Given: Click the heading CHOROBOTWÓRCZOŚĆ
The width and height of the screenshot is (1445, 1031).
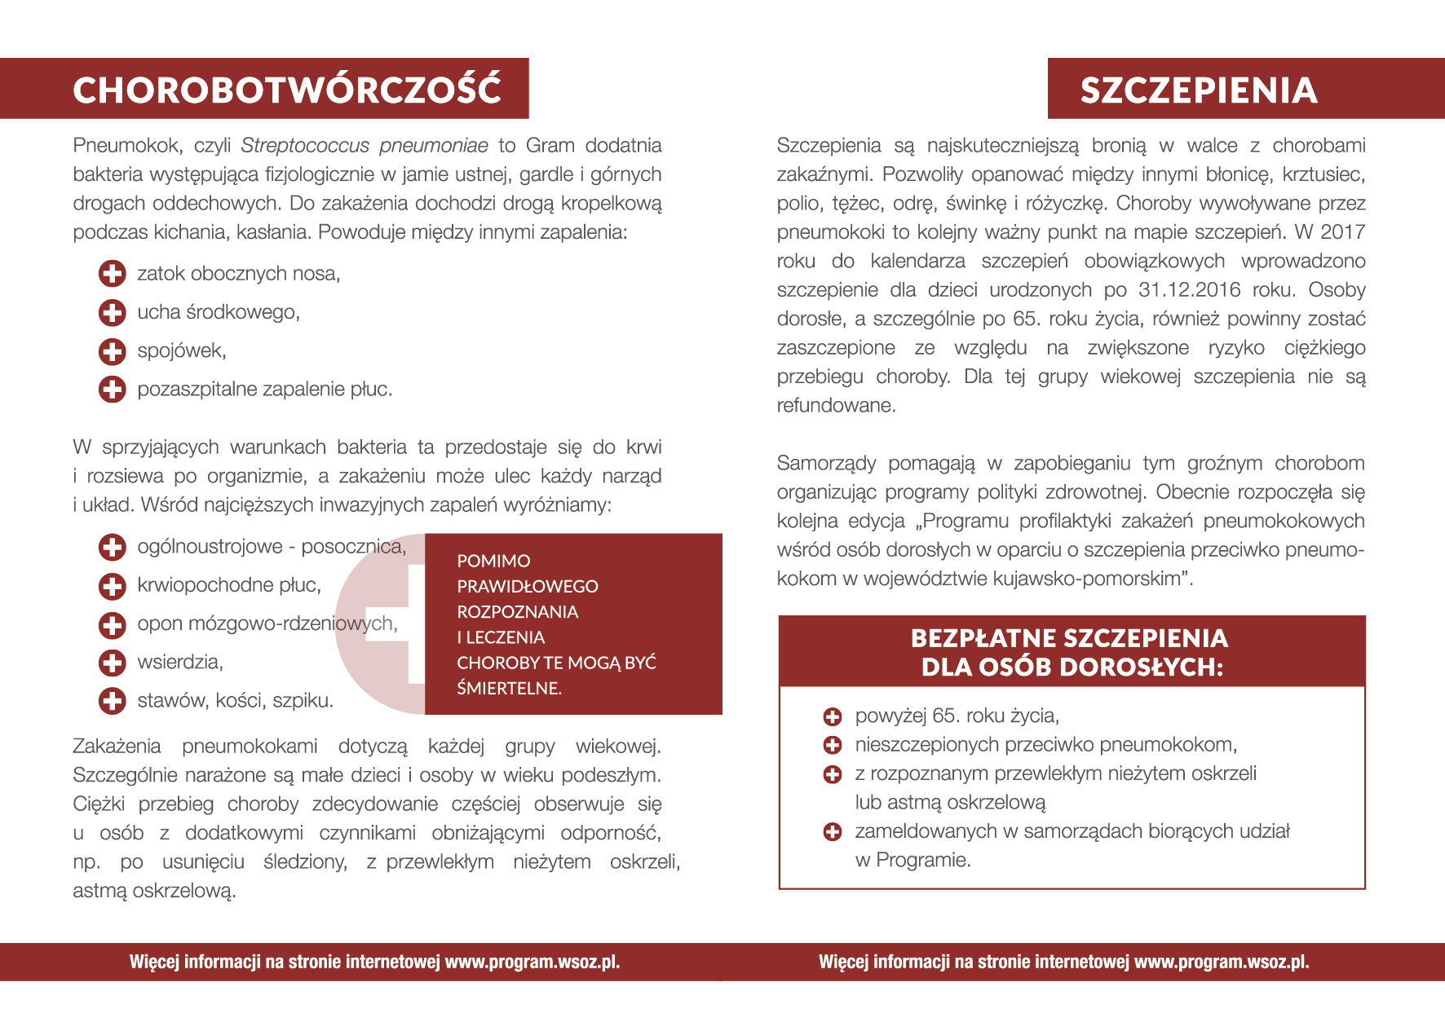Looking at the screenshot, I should coord(287,90).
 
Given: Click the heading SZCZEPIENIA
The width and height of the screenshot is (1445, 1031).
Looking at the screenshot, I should coord(1199,90).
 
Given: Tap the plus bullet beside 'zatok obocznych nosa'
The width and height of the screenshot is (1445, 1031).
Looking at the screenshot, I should coord(113,274).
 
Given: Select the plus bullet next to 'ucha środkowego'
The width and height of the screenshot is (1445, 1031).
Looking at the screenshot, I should coord(113,312).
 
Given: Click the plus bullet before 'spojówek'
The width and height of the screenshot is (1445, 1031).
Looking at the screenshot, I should coord(113,351).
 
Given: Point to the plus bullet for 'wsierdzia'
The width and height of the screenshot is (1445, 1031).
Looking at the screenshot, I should coord(113,663).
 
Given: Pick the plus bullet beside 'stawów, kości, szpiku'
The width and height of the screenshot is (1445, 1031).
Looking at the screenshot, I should coord(113,701).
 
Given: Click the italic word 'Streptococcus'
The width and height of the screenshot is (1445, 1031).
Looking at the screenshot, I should coord(305,146).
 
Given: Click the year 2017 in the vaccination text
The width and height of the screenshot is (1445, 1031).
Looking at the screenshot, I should coord(1342,232).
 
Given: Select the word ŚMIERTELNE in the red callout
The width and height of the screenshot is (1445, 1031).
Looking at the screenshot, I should coord(509,689).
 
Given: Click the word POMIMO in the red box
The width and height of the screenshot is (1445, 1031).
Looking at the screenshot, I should coord(493,562).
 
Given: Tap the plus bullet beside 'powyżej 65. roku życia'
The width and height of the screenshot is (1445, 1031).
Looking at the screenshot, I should coord(833,717).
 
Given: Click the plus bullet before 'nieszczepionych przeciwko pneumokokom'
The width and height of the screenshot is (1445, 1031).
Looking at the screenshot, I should coord(833,745).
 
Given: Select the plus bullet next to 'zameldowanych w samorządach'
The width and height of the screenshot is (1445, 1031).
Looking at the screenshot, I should coord(833,832).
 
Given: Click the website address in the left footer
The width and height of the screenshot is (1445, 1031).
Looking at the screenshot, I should coord(532,963).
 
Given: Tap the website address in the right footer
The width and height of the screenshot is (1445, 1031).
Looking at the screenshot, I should coord(1222,963).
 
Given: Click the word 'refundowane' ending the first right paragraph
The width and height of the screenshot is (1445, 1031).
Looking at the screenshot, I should coord(835,406).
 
